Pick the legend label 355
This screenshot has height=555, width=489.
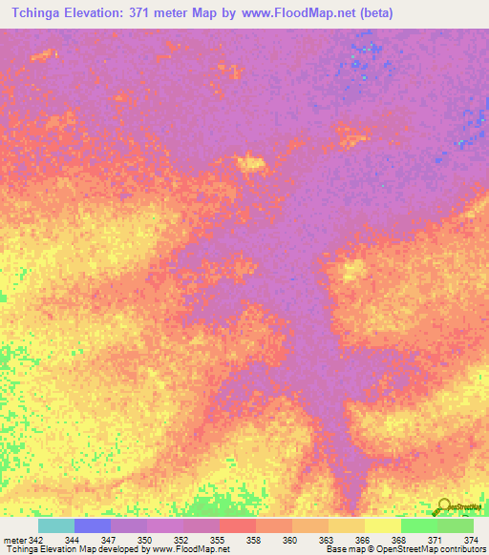(x=219, y=540)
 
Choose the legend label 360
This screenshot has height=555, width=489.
(x=291, y=540)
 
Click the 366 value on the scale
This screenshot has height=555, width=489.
(x=364, y=540)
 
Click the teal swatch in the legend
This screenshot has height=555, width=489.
(x=56, y=525)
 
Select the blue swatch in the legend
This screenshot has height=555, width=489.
(x=93, y=525)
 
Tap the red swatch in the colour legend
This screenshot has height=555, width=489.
(x=238, y=525)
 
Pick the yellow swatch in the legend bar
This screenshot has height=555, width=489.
(x=383, y=525)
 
